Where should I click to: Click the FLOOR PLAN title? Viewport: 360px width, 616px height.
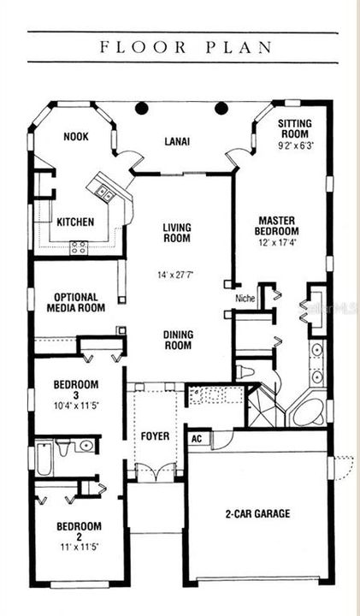point(186,47)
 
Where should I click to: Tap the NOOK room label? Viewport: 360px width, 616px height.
point(76,137)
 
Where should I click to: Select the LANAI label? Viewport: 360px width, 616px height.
point(177,141)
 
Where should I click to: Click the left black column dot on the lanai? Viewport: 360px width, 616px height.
point(142,108)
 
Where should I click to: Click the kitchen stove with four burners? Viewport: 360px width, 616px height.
point(78,247)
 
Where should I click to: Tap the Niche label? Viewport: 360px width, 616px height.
point(245,299)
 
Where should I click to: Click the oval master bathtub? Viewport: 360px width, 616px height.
point(307,413)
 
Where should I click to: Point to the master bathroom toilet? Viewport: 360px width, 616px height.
point(245,371)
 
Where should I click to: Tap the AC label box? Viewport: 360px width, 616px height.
point(197,438)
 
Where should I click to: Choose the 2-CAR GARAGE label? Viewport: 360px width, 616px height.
point(258,513)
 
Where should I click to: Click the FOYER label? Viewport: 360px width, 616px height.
point(155,436)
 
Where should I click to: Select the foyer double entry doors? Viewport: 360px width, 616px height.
point(156,472)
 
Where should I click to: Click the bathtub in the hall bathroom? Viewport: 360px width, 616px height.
point(44,458)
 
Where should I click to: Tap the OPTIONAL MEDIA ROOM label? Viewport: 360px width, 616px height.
point(76,303)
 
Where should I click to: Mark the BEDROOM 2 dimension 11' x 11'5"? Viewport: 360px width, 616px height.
point(80,547)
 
